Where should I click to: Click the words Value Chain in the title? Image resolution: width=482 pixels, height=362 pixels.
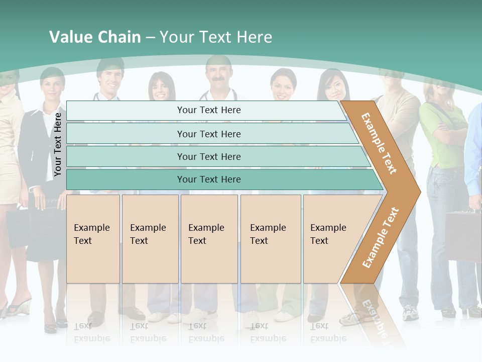tap(95, 37)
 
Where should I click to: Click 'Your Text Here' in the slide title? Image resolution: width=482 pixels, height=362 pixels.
tap(216, 37)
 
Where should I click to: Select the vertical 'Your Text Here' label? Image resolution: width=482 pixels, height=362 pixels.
tap(58, 144)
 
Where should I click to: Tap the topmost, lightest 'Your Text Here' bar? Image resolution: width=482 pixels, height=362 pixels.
tap(208, 110)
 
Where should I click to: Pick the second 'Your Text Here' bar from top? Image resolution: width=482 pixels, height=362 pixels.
tap(208, 134)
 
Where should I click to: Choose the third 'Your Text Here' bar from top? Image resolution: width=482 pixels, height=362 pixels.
tap(208, 156)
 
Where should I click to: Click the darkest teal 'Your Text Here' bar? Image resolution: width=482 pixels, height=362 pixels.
tap(208, 179)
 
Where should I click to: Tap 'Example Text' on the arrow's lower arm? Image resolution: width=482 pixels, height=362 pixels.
tap(381, 237)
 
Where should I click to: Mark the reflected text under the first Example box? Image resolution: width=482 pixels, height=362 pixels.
tap(92, 332)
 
